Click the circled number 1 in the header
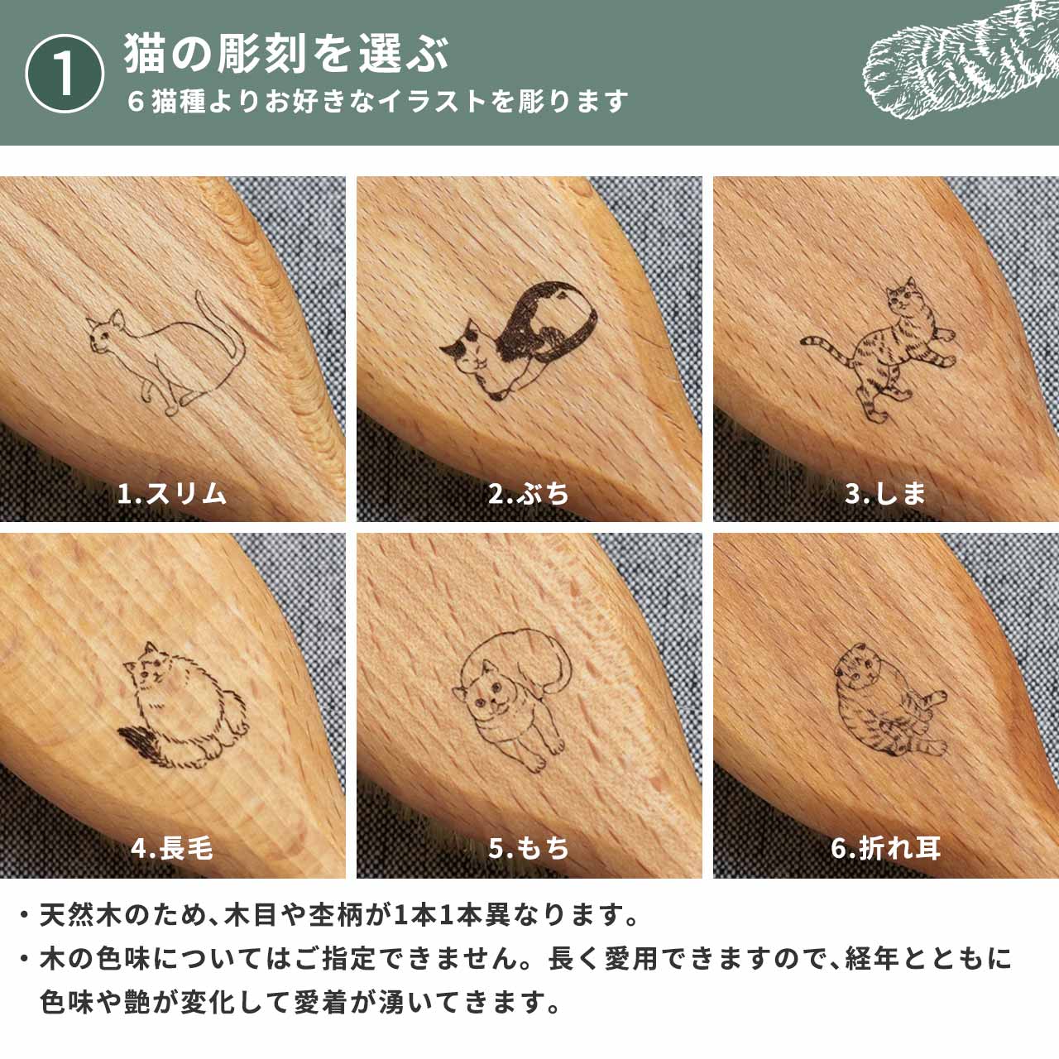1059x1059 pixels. tap(65, 74)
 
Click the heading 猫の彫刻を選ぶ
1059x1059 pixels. tap(286, 54)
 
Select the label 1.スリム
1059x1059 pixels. tap(171, 494)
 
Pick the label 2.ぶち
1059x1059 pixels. tap(529, 494)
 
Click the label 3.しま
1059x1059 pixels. tap(885, 494)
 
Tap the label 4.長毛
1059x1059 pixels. tap(171, 848)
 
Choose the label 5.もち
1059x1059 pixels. tap(529, 848)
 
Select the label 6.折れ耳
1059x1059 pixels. tap(885, 848)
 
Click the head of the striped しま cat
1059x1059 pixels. tap(903, 297)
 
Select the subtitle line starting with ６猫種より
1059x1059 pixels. tap(377, 102)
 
